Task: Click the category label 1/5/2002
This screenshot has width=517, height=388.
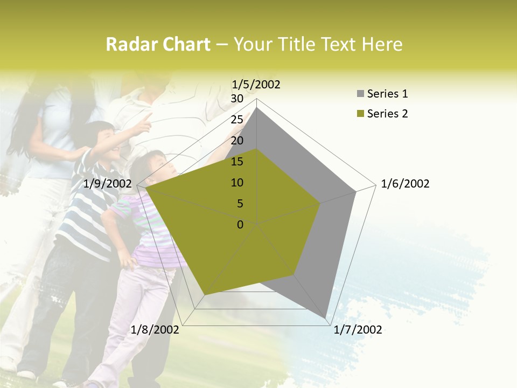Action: [256, 85]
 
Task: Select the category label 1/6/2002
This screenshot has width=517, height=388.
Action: [405, 184]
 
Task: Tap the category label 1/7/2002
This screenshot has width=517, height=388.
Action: [358, 330]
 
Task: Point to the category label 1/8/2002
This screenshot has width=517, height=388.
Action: [155, 330]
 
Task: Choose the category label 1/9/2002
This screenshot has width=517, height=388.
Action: [108, 184]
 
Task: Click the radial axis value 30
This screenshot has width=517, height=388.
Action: [237, 99]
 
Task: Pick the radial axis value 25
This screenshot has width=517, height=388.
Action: [237, 120]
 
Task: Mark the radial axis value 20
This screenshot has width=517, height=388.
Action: [237, 141]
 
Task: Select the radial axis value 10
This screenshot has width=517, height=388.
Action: [237, 183]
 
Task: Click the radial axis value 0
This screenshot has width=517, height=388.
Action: [240, 225]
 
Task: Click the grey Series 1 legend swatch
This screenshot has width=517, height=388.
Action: [360, 94]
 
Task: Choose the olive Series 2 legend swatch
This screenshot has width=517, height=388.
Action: [360, 114]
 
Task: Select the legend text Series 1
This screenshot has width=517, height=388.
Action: [387, 94]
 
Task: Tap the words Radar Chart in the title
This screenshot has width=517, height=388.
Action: [158, 45]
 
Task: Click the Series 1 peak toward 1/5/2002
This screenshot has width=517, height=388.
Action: [257, 108]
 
